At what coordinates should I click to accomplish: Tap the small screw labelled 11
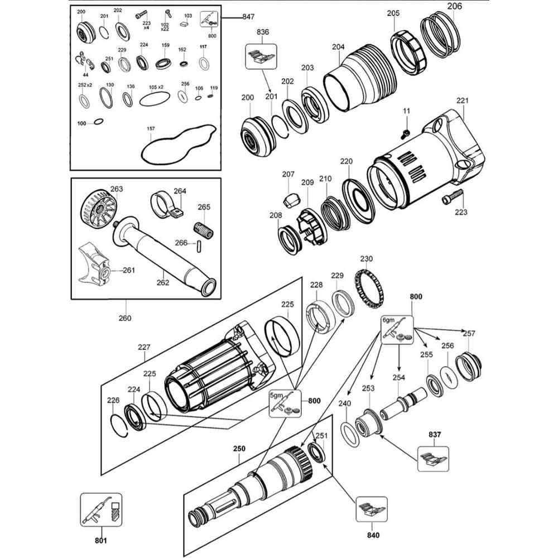coord(405,133)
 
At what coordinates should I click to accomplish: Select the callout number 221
coord(463,100)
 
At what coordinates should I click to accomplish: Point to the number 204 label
coord(338,47)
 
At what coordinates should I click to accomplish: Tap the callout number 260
coord(125,318)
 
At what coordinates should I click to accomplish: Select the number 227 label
coord(144,347)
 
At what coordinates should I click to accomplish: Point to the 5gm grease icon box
coord(285,402)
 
